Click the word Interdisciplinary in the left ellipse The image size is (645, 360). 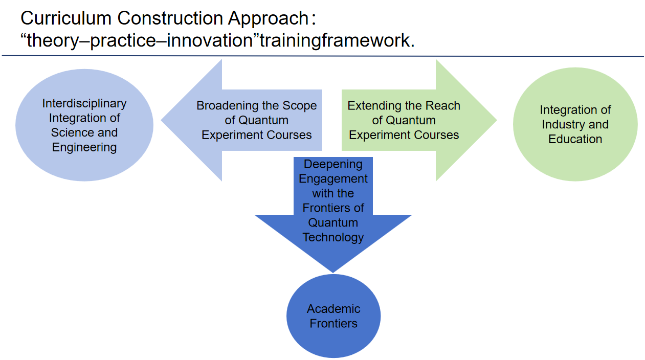pos(84,103)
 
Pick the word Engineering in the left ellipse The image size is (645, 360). pos(84,148)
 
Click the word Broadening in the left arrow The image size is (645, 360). pos(227,106)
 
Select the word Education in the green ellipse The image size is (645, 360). pos(575,139)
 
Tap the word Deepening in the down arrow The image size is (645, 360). pos(333,164)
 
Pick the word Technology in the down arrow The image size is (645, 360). pos(333,237)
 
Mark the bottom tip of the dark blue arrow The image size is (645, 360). pos(333,271)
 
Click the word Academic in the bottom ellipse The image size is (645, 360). pos(333,309)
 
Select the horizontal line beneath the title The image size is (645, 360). pos(322,56)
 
